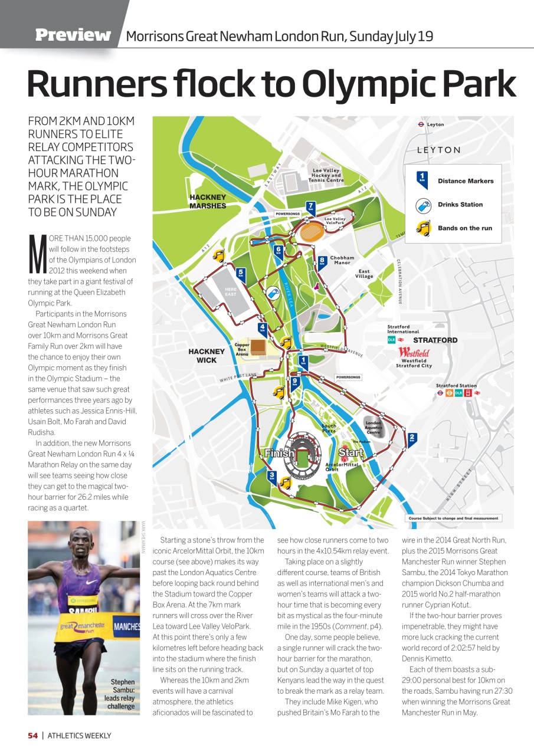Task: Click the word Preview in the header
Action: coord(73,35)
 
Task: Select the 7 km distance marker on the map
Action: coord(310,208)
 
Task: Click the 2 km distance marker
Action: coord(412,438)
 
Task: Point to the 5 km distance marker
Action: coord(241,273)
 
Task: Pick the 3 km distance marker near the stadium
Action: coord(271,476)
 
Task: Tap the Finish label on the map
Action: coord(280,454)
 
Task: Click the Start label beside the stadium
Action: coord(351,453)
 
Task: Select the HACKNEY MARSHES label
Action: coord(207,201)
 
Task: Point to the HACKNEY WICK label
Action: coord(207,355)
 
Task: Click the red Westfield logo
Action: coord(414,352)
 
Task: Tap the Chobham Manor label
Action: coord(342,260)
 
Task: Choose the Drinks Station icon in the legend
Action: coord(422,205)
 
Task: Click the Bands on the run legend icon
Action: coord(422,228)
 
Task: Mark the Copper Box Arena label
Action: coord(242,349)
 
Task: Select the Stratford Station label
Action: coord(456,386)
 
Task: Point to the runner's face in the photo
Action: coord(82,546)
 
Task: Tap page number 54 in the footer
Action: coord(32,736)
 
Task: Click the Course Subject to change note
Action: coord(453,518)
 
